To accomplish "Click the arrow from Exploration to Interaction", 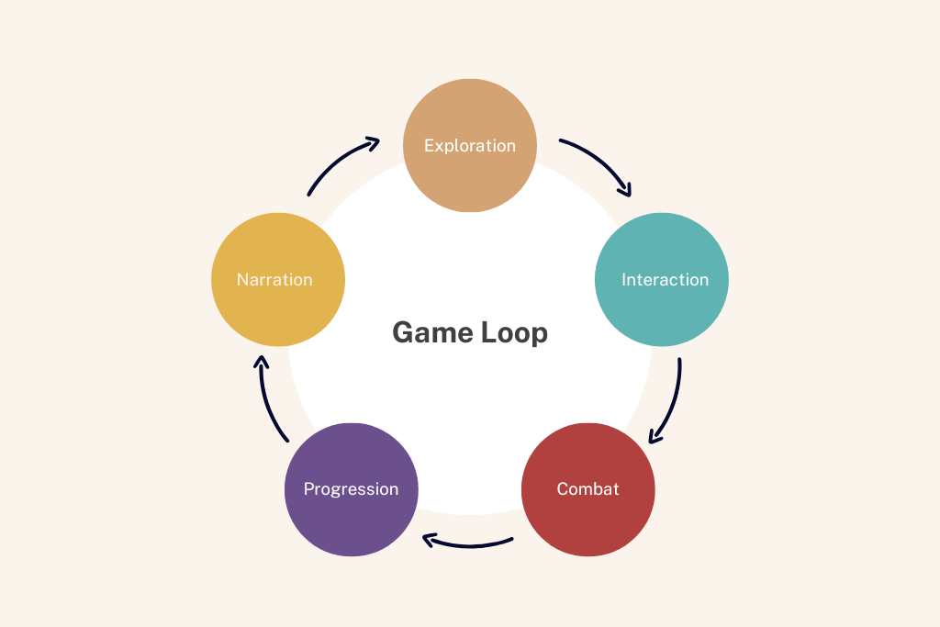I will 601,160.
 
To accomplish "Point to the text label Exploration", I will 470,146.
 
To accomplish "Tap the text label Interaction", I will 665,280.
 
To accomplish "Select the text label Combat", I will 588,489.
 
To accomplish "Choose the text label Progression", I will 352,489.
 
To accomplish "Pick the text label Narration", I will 274,280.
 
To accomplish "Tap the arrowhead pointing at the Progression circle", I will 428,540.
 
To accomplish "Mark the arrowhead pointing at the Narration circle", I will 262,361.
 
